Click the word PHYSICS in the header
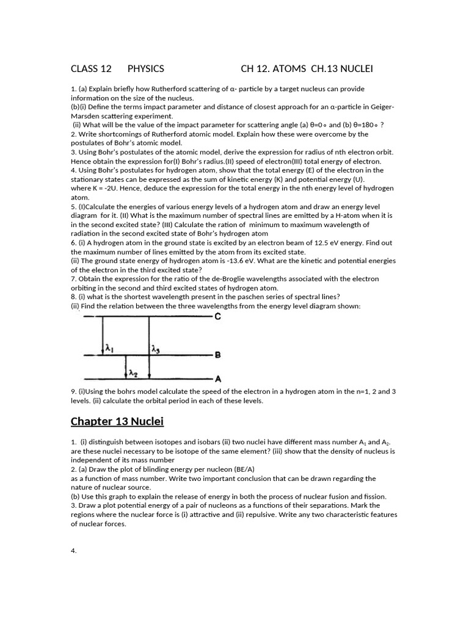[145, 69]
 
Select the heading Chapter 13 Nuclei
[117, 421]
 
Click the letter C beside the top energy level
[218, 317]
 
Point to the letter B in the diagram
[218, 354]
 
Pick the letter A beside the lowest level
[218, 378]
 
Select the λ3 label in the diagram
[156, 349]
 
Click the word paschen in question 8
[240, 297]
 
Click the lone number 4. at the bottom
[74, 551]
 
